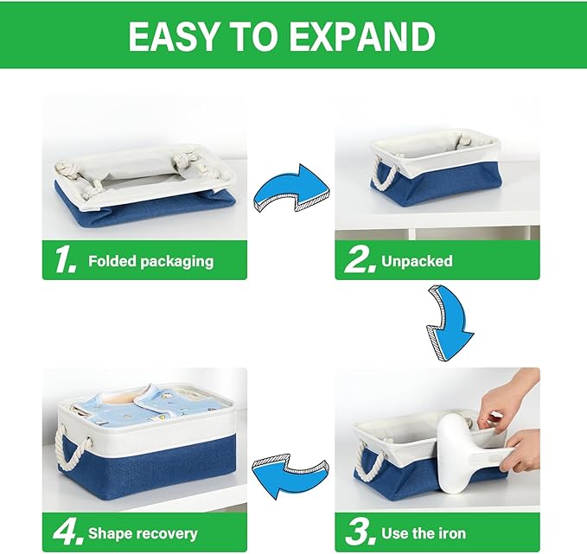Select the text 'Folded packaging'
tap(150, 261)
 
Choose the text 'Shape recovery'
tap(143, 533)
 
